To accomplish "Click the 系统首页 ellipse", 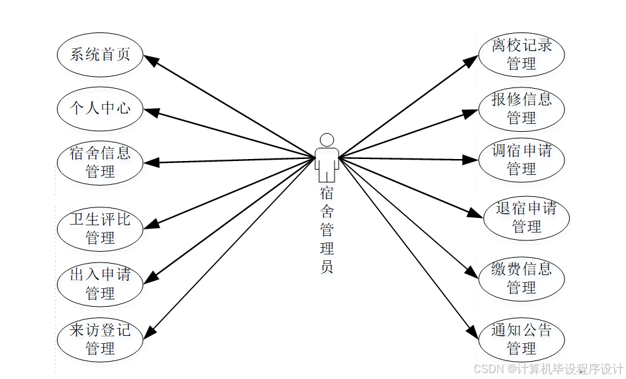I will pos(100,54).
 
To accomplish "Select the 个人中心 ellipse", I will pos(100,107).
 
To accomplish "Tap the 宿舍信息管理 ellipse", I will pos(100,162).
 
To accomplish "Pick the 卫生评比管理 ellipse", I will pos(100,228).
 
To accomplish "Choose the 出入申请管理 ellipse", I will pos(100,283).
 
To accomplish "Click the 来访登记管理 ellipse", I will pos(100,338).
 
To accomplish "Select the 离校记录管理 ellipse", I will pos(521,54).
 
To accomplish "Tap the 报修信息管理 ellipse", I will pos(521,108).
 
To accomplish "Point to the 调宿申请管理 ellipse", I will pos(521,160).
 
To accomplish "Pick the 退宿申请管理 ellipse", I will pos(527,217).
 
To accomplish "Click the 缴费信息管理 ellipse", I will pos(521,278).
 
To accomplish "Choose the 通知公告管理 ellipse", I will pos(521,339).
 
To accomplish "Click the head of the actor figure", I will pos(327,140).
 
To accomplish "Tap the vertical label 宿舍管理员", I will pos(327,229).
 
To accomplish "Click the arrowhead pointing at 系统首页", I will pos(151,60).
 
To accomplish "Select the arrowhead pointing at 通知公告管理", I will pos(472,331).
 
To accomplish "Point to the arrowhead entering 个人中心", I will pos(152,112).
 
